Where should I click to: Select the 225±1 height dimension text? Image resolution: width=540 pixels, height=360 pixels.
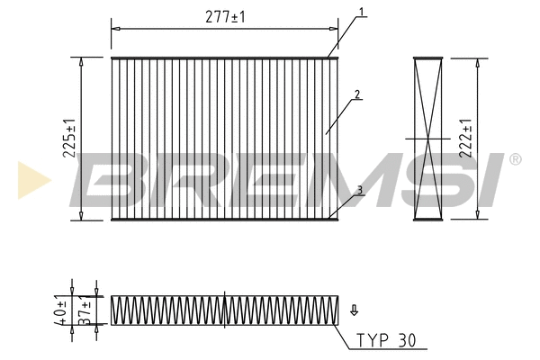pos(68,139)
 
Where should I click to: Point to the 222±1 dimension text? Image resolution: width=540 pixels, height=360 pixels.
pos(464,139)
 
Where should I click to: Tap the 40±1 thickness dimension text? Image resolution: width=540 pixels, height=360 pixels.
pos(61,309)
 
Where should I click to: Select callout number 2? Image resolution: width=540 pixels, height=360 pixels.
pos(357,94)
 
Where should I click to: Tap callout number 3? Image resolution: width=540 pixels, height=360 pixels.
pos(359,190)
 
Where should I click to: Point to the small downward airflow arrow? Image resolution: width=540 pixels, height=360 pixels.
pos(354,310)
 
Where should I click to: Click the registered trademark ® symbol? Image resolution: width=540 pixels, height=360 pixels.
pos(514,160)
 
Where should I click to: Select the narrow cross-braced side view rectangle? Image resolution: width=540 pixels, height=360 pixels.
pos(428,139)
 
